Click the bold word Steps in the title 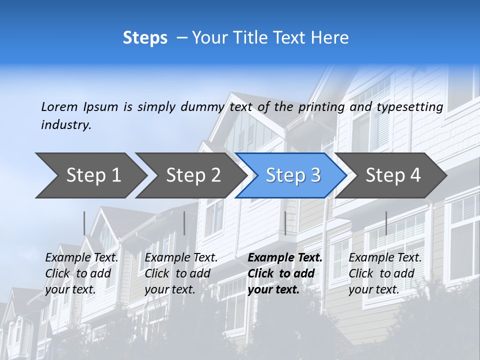pyautogui.click(x=145, y=38)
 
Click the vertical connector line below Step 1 pyautogui.click(x=84, y=223)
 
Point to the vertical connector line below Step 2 pyautogui.click(x=184, y=223)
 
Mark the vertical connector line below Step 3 pyautogui.click(x=285, y=223)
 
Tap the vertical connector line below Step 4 pyautogui.click(x=386, y=223)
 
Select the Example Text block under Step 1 pyautogui.click(x=82, y=273)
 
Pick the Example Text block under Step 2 pyautogui.click(x=181, y=273)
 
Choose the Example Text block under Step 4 pyautogui.click(x=385, y=273)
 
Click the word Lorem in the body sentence pyautogui.click(x=59, y=106)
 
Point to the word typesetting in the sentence pyautogui.click(x=409, y=107)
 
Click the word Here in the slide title pyautogui.click(x=329, y=38)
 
